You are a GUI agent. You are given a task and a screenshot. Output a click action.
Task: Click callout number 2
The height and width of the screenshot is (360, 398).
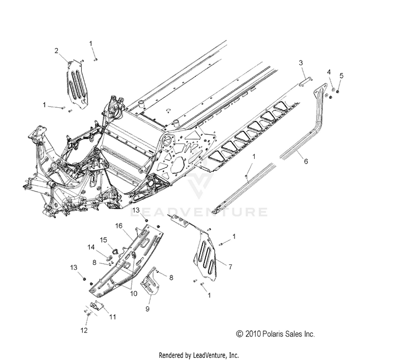click(x=56, y=50)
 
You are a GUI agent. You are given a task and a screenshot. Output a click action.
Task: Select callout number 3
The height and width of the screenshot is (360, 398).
click(x=301, y=63)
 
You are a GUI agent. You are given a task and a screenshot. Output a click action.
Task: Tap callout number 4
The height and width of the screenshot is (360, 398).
click(x=328, y=72)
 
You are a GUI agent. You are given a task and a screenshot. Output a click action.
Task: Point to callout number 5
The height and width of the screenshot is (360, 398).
click(x=341, y=75)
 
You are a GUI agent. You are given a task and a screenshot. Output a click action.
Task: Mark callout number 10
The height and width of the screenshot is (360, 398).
click(x=133, y=292)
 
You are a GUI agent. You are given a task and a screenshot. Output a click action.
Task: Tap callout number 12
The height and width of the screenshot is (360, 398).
click(x=84, y=330)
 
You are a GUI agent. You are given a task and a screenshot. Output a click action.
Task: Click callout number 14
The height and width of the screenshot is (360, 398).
click(x=91, y=247)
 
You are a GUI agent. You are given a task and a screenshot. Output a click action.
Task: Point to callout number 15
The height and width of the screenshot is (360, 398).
click(x=104, y=239)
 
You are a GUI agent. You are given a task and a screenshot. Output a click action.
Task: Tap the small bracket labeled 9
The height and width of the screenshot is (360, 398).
click(x=153, y=282)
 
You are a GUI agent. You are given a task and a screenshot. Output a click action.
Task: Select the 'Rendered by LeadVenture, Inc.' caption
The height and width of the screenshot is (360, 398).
click(x=199, y=354)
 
